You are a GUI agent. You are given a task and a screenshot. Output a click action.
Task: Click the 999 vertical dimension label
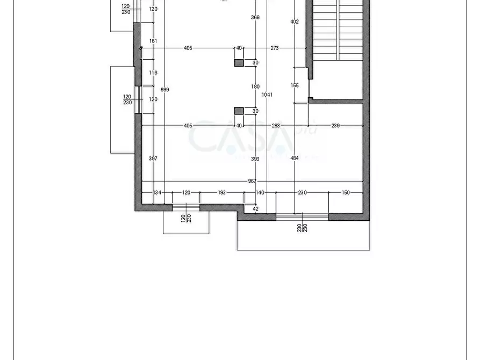click(x=165, y=90)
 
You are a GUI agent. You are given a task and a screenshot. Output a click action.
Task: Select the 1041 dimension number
click(x=267, y=95)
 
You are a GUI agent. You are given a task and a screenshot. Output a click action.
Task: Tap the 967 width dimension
click(x=252, y=181)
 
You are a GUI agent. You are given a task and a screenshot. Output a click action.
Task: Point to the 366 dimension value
click(x=255, y=18)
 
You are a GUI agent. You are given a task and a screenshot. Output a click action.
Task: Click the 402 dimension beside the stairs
click(x=294, y=22)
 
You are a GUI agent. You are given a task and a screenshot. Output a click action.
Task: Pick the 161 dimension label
click(x=153, y=41)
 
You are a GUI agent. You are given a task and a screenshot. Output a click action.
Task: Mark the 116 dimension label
click(x=153, y=73)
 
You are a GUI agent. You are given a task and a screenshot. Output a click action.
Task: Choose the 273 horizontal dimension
click(x=275, y=48)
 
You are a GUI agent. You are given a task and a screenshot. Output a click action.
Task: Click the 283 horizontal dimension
click(x=276, y=126)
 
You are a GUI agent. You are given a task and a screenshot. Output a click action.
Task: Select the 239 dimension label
click(x=335, y=126)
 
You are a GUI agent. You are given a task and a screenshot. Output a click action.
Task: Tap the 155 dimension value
click(x=295, y=85)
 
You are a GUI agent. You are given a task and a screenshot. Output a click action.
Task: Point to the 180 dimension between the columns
click(x=255, y=87)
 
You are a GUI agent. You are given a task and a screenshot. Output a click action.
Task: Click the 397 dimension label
click(x=153, y=159)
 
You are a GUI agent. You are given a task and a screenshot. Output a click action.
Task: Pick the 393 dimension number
click(x=255, y=159)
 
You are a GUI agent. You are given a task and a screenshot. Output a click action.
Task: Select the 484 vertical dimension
click(x=295, y=159)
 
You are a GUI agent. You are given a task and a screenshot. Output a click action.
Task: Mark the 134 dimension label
click(x=157, y=192)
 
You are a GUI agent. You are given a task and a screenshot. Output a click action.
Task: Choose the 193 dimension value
click(x=221, y=192)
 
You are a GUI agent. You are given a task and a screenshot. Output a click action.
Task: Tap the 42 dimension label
click(x=255, y=208)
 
